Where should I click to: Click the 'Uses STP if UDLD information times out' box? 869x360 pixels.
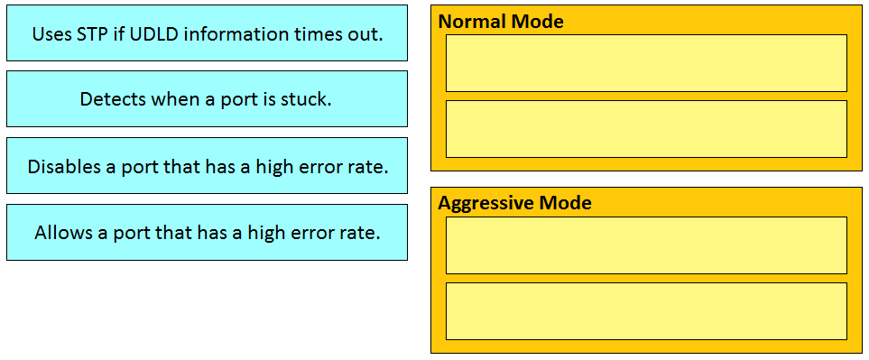coord(207,33)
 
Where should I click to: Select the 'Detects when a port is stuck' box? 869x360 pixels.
coord(207,99)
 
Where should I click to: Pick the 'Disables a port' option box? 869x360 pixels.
coord(207,166)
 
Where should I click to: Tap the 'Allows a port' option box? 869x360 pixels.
coord(207,232)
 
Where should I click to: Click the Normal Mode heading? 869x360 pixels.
coord(501,22)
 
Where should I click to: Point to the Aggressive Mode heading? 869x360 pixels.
coord(514,203)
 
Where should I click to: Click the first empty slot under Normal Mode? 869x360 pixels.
coord(646,63)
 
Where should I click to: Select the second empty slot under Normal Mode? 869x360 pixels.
coord(646,129)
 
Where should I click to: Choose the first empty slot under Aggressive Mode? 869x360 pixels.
coord(646,245)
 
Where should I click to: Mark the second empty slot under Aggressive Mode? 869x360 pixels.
coord(646,311)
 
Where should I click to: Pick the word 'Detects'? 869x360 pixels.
coord(112,99)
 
